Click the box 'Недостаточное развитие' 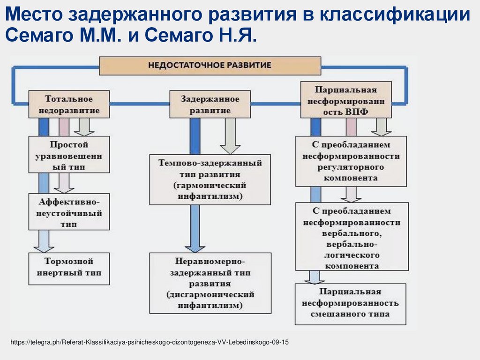210,66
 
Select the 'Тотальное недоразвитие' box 69,105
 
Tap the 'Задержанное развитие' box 210,105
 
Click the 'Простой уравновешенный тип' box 69,155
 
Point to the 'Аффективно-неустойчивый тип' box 69,212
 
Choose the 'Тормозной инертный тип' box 69,269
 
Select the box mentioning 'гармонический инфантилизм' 210,180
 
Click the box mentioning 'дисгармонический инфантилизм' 210,283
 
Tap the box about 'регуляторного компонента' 351,161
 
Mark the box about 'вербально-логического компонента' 351,236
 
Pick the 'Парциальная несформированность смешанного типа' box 351,304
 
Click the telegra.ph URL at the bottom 150,343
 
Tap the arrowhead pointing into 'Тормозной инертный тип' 44,247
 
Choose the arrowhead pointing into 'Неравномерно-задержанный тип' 195,247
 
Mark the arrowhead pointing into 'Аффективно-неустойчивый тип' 64,187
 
